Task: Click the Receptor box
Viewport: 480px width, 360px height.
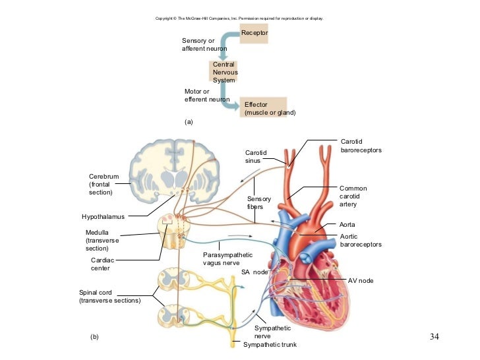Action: click(x=255, y=32)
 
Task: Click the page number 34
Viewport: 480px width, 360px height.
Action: click(x=434, y=338)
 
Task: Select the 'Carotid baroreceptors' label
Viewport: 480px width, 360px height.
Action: click(x=361, y=146)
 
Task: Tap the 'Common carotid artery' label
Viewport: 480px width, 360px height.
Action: click(x=353, y=196)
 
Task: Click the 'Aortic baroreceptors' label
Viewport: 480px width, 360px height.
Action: click(x=360, y=240)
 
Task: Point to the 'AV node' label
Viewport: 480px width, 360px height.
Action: click(x=361, y=281)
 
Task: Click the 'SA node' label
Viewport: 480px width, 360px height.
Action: click(x=255, y=272)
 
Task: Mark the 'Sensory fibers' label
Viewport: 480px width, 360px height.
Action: click(x=255, y=202)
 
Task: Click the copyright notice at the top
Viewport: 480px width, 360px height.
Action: click(x=239, y=18)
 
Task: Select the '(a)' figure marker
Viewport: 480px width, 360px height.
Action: click(x=188, y=122)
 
